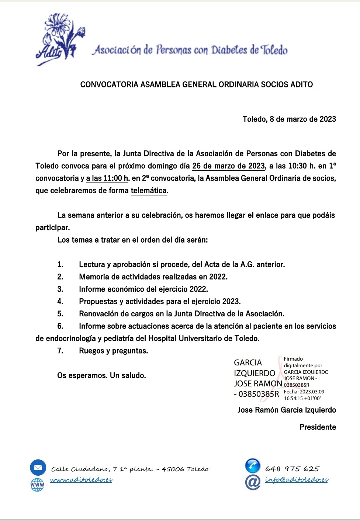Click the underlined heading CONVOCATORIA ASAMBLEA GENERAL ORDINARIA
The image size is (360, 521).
click(x=196, y=85)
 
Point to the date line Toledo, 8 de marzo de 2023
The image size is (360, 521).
click(x=289, y=119)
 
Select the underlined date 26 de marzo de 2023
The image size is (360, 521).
click(x=228, y=166)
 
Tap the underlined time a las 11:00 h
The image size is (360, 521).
click(x=107, y=178)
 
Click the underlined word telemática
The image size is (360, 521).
click(x=149, y=191)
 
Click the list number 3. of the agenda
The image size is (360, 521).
click(x=60, y=289)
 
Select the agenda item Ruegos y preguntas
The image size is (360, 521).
click(x=113, y=351)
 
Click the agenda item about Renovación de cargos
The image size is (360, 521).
click(x=181, y=314)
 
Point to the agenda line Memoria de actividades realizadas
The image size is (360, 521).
click(x=153, y=277)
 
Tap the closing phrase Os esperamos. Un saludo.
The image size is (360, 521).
click(x=101, y=375)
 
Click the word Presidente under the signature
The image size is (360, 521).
click(x=318, y=427)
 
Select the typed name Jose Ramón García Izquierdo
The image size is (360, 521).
click(x=287, y=410)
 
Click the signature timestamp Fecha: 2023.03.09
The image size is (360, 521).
click(x=304, y=392)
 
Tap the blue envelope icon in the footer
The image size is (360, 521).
click(x=38, y=468)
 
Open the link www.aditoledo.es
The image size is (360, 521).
click(x=81, y=480)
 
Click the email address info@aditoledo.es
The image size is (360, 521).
click(x=296, y=480)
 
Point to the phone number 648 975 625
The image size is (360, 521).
click(x=292, y=469)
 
